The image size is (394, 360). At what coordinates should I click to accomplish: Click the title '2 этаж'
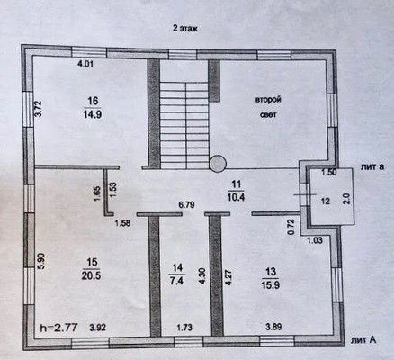tap(185, 29)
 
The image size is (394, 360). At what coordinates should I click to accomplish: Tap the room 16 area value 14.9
tap(93, 114)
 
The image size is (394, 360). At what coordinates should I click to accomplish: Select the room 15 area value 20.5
tap(91, 275)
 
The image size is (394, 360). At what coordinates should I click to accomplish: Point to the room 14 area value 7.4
tap(176, 281)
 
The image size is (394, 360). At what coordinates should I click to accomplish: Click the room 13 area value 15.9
tap(271, 284)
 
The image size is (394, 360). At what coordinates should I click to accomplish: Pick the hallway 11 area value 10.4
tap(236, 197)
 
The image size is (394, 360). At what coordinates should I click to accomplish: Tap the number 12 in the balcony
tap(326, 201)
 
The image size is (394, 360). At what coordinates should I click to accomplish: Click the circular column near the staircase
tap(218, 164)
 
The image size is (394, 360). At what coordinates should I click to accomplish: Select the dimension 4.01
tap(85, 64)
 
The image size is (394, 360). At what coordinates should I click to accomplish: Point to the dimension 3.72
tap(39, 109)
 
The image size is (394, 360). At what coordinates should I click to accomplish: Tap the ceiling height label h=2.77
tap(58, 327)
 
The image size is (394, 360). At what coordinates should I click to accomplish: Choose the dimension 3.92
tap(98, 328)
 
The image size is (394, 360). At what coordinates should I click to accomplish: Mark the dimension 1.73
tap(184, 328)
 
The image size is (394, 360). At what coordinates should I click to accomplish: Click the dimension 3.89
tap(273, 327)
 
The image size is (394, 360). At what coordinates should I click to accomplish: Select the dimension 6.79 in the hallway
tap(186, 205)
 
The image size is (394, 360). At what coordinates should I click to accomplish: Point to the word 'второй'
tap(268, 100)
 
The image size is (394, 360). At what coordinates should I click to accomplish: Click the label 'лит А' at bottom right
tap(363, 339)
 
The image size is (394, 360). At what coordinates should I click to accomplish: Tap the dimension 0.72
tap(291, 227)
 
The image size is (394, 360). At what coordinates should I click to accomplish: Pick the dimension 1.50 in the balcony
tap(329, 173)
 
